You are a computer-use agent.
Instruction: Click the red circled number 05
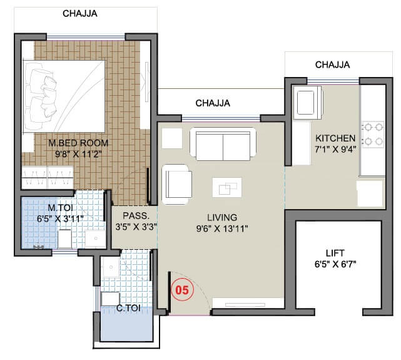point(181,291)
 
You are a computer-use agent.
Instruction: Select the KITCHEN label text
point(335,138)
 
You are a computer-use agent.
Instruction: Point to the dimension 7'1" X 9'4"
point(335,149)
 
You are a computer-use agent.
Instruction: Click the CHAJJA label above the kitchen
point(332,64)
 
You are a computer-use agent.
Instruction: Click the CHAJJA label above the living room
point(213,103)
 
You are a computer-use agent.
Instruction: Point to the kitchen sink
point(308,101)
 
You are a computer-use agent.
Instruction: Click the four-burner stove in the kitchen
point(373,133)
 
